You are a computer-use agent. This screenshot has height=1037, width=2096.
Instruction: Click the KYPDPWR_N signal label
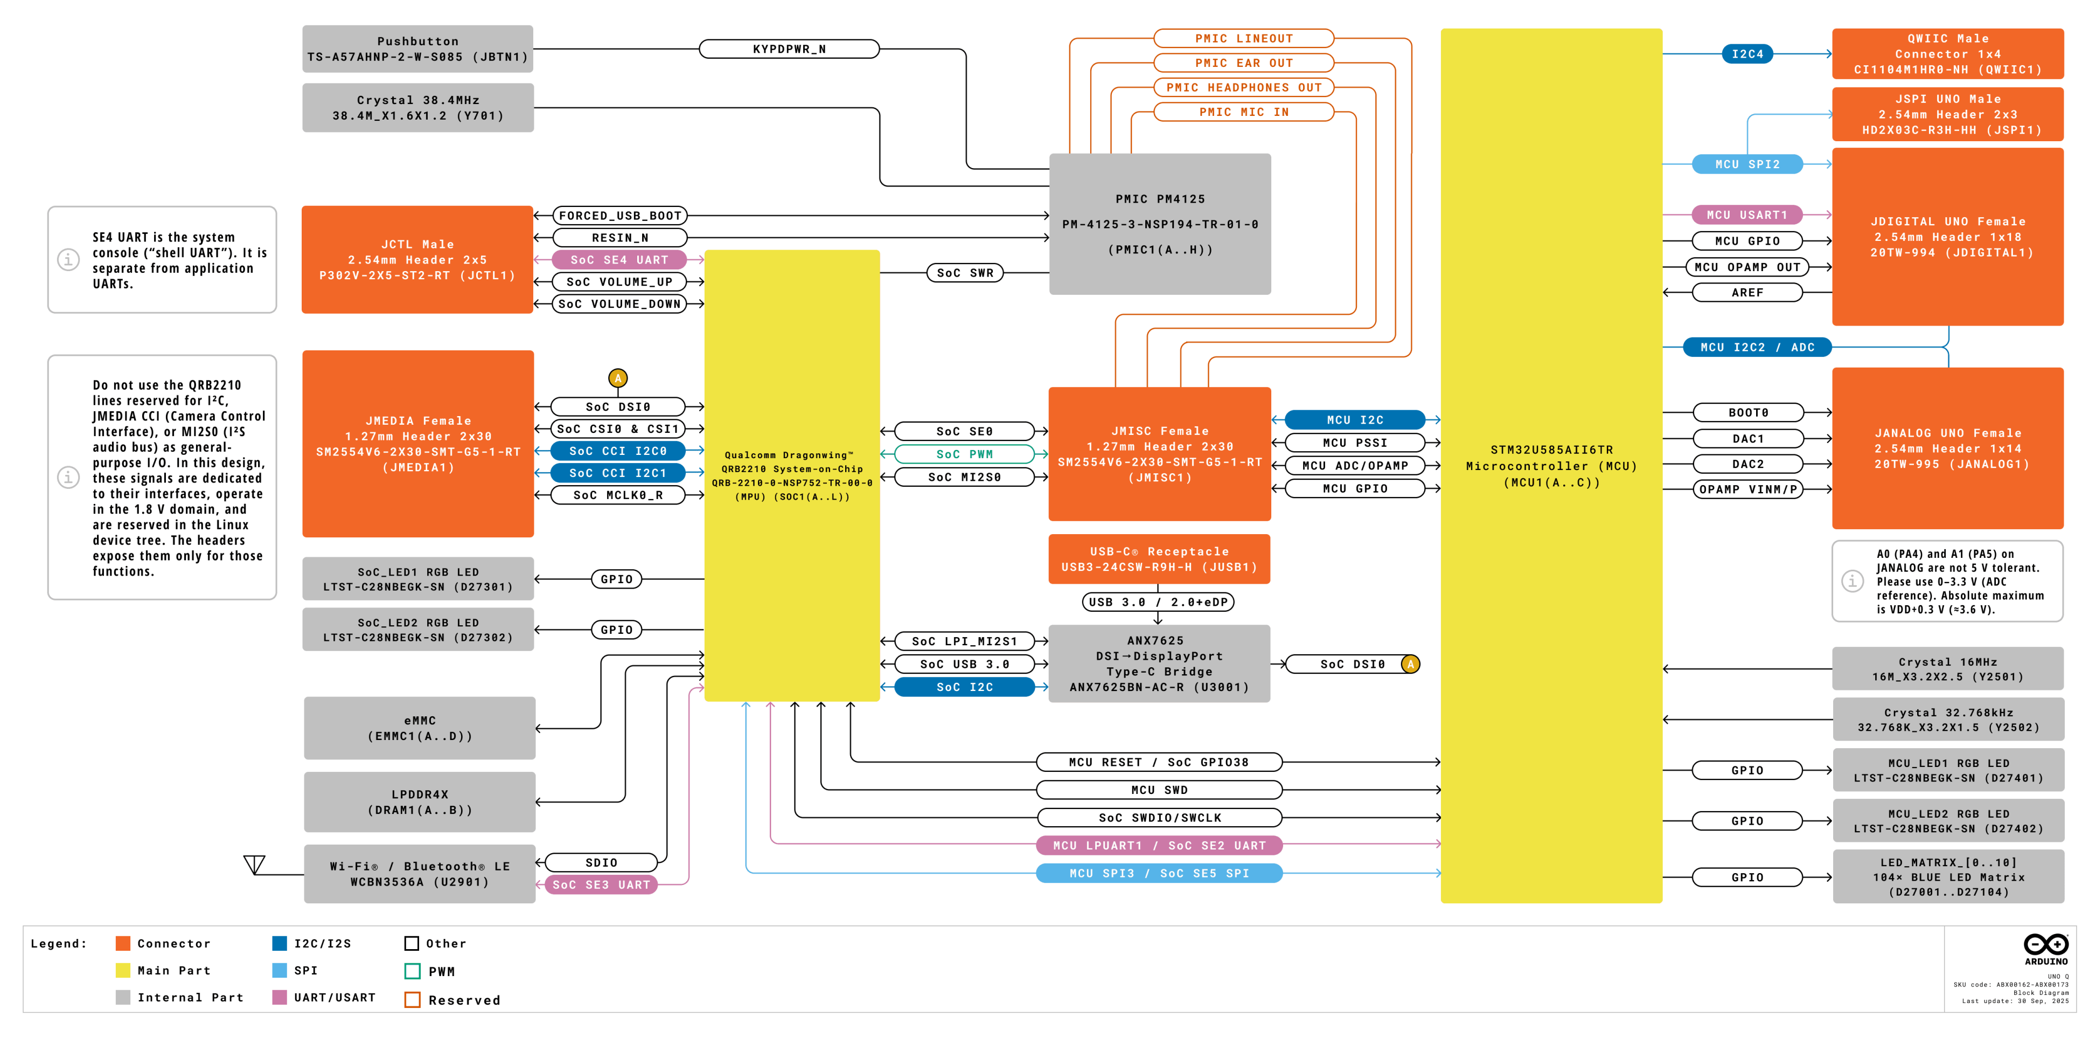pyautogui.click(x=789, y=49)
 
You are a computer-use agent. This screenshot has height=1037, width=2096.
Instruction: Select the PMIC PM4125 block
pyautogui.click(x=1159, y=224)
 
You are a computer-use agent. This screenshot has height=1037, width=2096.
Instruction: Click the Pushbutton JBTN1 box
pyautogui.click(x=417, y=49)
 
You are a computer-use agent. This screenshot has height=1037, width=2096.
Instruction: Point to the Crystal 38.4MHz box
pyautogui.click(x=417, y=107)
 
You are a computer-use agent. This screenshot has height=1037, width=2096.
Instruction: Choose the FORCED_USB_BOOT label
pyautogui.click(x=620, y=216)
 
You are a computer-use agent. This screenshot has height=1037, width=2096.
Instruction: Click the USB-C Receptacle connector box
pyautogui.click(x=1159, y=559)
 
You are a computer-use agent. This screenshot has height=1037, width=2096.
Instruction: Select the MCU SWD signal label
pyautogui.click(x=1159, y=790)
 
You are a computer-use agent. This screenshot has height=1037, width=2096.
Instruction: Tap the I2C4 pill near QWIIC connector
pyautogui.click(x=1747, y=54)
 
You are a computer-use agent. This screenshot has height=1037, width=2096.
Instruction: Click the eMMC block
pyautogui.click(x=419, y=728)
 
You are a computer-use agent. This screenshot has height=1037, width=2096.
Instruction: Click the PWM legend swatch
pyautogui.click(x=413, y=971)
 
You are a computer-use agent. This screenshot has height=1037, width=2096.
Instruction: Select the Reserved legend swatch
pyautogui.click(x=413, y=1000)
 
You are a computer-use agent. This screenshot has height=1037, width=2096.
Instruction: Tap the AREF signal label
pyautogui.click(x=1747, y=292)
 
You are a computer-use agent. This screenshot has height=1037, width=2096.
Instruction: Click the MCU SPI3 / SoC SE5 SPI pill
pyautogui.click(x=1159, y=873)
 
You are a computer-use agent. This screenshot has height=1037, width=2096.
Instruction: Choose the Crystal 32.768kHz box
pyautogui.click(x=1948, y=720)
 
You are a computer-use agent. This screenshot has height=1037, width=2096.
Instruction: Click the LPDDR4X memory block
pyautogui.click(x=419, y=802)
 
